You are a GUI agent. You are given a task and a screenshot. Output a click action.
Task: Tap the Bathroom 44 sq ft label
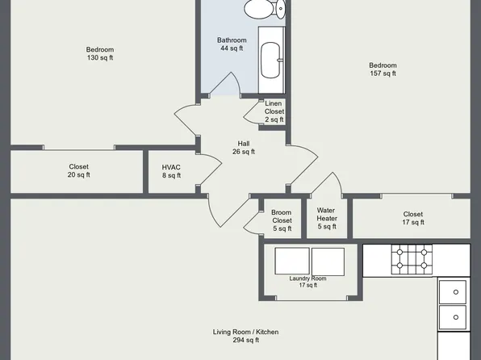tap(231, 44)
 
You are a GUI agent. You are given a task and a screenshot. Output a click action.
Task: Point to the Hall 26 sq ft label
tap(243, 147)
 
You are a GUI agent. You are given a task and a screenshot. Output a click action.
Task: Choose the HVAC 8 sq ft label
tap(171, 171)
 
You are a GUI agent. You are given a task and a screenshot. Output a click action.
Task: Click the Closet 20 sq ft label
tap(78, 170)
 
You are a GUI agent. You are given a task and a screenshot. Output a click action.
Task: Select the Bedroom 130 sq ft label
tap(100, 53)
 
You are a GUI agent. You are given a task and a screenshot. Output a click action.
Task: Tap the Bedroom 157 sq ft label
tap(383, 69)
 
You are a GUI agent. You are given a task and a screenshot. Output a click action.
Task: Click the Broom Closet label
tap(282, 220)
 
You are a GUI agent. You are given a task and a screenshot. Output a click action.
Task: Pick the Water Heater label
tap(326, 218)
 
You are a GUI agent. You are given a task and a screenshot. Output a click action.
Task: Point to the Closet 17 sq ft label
tap(412, 218)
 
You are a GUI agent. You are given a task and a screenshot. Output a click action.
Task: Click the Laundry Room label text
tap(307, 281)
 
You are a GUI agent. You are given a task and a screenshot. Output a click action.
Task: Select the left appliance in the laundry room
tap(292, 262)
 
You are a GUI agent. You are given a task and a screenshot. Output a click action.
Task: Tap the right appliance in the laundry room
tap(328, 262)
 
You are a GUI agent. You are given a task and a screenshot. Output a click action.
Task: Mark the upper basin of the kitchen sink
tap(453, 291)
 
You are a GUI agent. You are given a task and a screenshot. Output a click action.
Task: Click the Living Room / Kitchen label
tap(246, 336)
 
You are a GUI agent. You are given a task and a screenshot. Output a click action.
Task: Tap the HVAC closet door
tap(209, 171)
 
